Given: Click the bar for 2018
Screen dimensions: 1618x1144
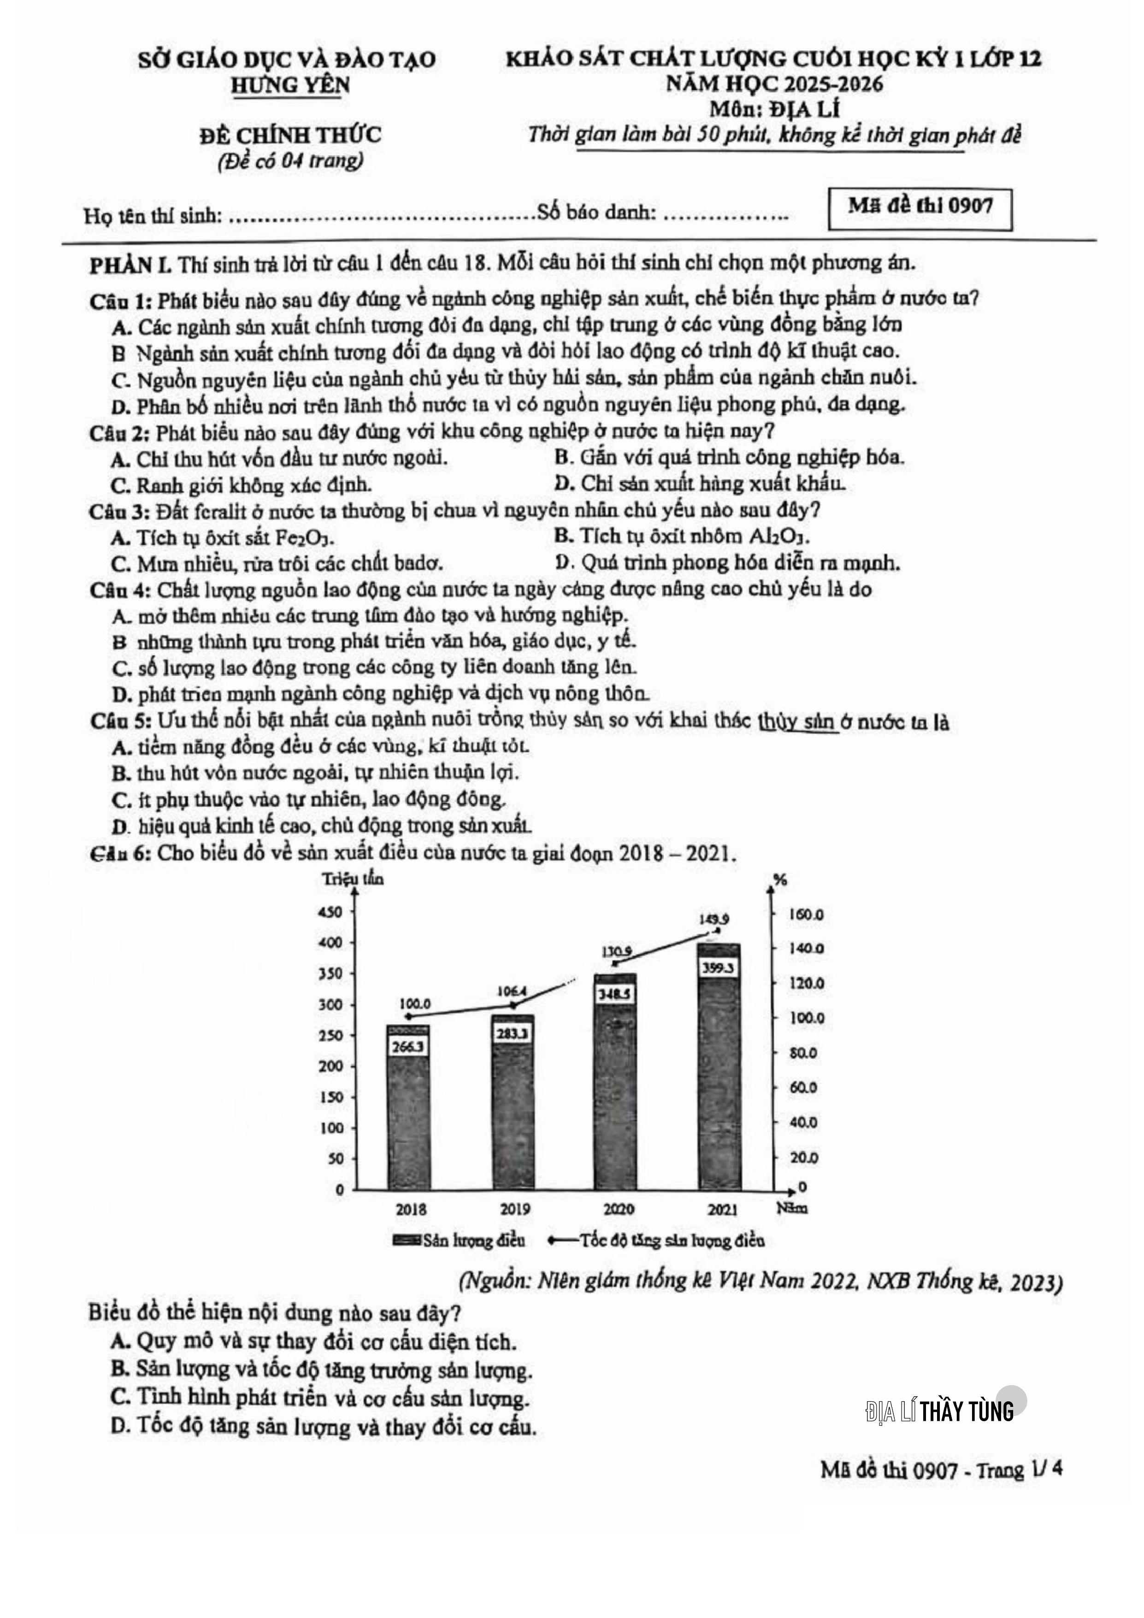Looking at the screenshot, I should click(408, 1128).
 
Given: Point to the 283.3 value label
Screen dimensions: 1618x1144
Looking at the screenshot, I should click(512, 1034).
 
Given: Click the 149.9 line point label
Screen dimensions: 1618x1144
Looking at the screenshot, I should click(714, 919).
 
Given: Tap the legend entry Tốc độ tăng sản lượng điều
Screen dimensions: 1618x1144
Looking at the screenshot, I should click(656, 1240).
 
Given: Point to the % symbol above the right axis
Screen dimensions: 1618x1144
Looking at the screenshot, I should click(780, 880).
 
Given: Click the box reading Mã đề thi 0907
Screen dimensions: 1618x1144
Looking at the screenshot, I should click(920, 207).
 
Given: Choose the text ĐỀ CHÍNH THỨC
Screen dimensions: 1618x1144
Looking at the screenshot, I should click(290, 134).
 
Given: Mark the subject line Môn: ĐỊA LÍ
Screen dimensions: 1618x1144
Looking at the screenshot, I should click(774, 109).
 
